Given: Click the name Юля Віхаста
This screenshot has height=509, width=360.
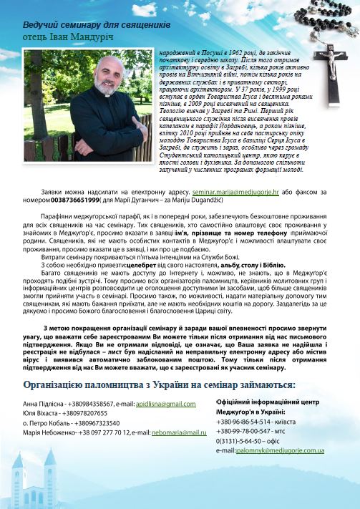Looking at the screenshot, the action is (42, 414).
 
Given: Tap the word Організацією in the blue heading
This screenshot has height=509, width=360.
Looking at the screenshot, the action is (61, 385).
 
